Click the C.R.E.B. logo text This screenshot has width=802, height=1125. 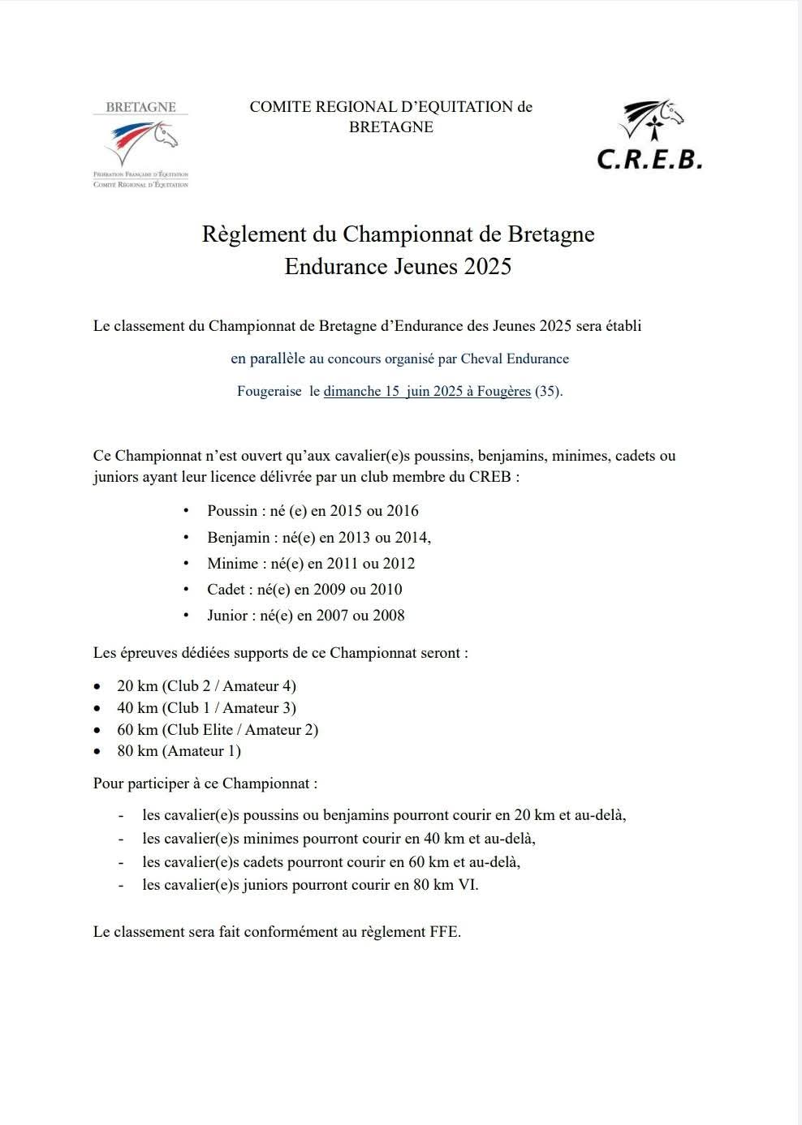click(649, 158)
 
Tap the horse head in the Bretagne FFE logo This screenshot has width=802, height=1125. click(166, 135)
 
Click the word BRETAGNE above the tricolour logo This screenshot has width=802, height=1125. click(140, 107)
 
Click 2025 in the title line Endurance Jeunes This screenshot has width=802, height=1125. click(488, 267)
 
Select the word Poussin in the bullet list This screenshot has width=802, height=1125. click(231, 511)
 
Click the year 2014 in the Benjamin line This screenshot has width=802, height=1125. click(412, 538)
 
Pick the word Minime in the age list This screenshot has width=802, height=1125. click(231, 564)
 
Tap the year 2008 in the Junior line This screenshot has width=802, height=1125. click(388, 616)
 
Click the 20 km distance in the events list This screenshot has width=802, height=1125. click(137, 686)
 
